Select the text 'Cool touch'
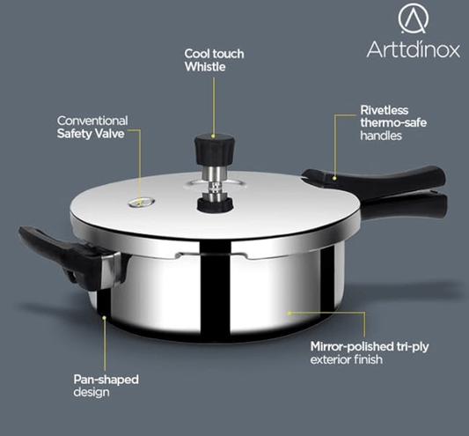click(214, 54)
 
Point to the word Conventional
click(92, 120)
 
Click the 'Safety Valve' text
click(92, 134)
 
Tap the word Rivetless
click(385, 110)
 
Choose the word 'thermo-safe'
click(393, 123)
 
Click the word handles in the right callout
click(381, 137)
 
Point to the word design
click(92, 392)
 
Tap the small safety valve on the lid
click(137, 203)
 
